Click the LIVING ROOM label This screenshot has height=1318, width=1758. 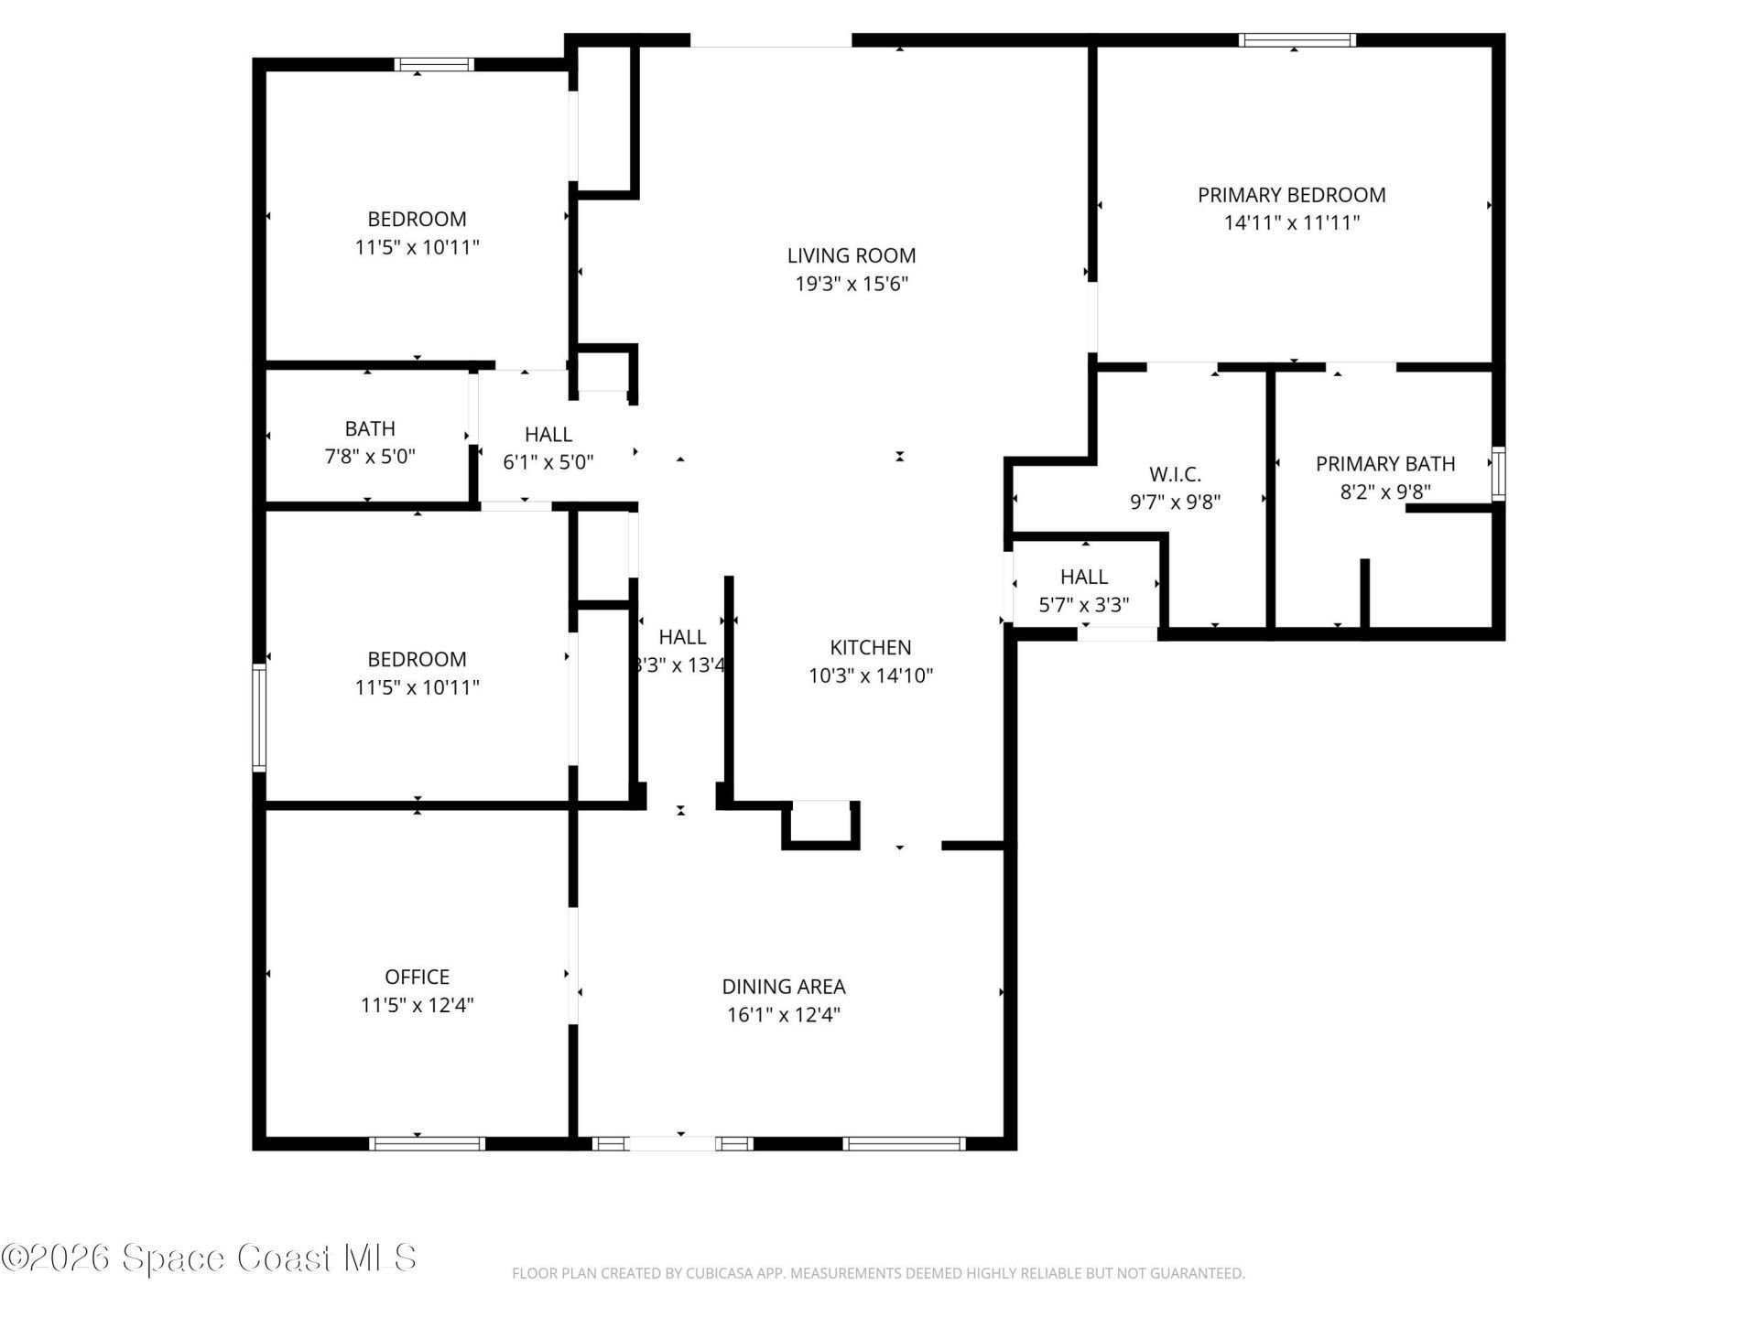(x=851, y=255)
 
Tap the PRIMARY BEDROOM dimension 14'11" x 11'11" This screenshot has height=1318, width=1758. (x=1291, y=222)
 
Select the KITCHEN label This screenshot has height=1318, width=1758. (x=870, y=647)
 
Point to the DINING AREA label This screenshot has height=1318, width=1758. (x=783, y=986)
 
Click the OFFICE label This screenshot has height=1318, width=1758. (x=417, y=977)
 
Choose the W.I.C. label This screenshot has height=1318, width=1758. (x=1175, y=474)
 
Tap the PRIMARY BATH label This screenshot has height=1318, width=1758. (x=1384, y=464)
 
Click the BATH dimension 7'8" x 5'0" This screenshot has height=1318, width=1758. (x=370, y=456)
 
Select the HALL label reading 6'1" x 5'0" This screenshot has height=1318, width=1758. (x=548, y=435)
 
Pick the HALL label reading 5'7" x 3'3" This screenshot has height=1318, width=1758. (x=1083, y=577)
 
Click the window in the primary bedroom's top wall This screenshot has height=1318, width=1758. (x=1297, y=39)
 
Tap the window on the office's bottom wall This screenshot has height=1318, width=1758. (x=427, y=1143)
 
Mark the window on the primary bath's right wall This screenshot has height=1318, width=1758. (x=1498, y=473)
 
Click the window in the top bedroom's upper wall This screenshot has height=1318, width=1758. (x=434, y=64)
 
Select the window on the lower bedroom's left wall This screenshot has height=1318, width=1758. (x=259, y=718)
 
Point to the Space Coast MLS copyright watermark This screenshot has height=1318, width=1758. (x=209, y=1258)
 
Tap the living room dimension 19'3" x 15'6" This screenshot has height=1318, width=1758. (x=851, y=284)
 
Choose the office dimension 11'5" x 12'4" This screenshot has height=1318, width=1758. (x=417, y=1005)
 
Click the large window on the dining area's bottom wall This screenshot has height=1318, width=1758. (x=903, y=1143)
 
